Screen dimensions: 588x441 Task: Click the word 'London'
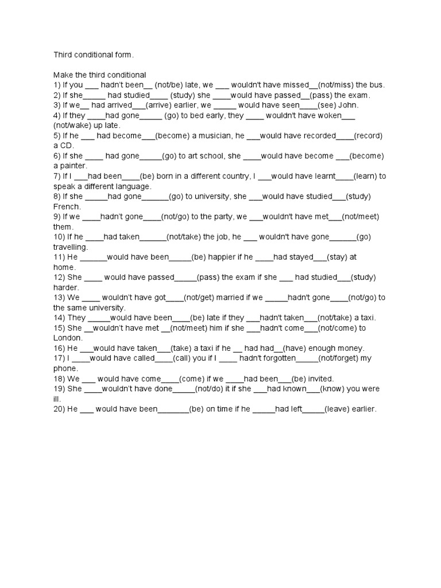coord(68,338)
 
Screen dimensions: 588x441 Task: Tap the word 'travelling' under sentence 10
coord(71,247)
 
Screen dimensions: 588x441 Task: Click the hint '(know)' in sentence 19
coord(336,389)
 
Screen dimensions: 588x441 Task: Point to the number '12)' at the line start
coord(60,277)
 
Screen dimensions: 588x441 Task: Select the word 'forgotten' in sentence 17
coord(277,358)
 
